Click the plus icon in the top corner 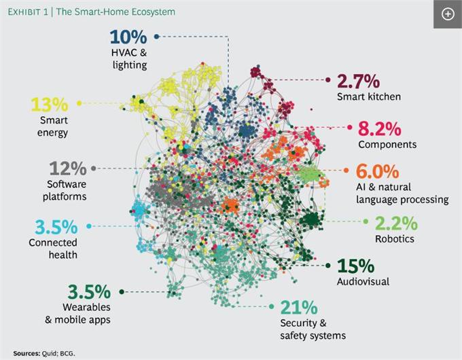tap(447, 14)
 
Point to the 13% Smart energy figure tap(49, 105)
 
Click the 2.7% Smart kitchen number tap(359, 82)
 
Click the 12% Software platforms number tap(66, 168)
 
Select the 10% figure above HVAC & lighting tap(128, 37)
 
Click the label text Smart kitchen tap(369, 96)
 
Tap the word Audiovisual tap(363, 281)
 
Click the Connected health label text tap(54, 248)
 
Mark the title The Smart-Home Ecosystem tap(116, 12)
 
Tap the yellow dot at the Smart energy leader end tap(79, 103)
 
